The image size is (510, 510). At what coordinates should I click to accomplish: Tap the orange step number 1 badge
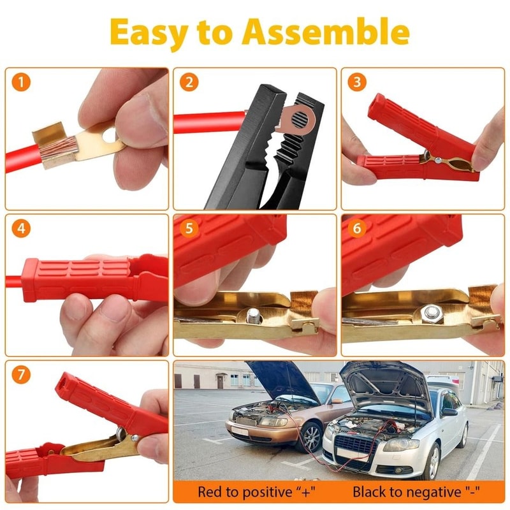pos(24,82)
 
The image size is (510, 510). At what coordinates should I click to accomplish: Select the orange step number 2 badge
pos(189,82)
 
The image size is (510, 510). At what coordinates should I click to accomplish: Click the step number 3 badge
pos(358,82)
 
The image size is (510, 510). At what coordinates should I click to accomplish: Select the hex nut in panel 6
pos(431,313)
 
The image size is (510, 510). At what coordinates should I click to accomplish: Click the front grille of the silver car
pos(354,444)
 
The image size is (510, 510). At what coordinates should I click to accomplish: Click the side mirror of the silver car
pos(450,412)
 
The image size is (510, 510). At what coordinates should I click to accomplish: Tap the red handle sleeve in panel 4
pos(80,279)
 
